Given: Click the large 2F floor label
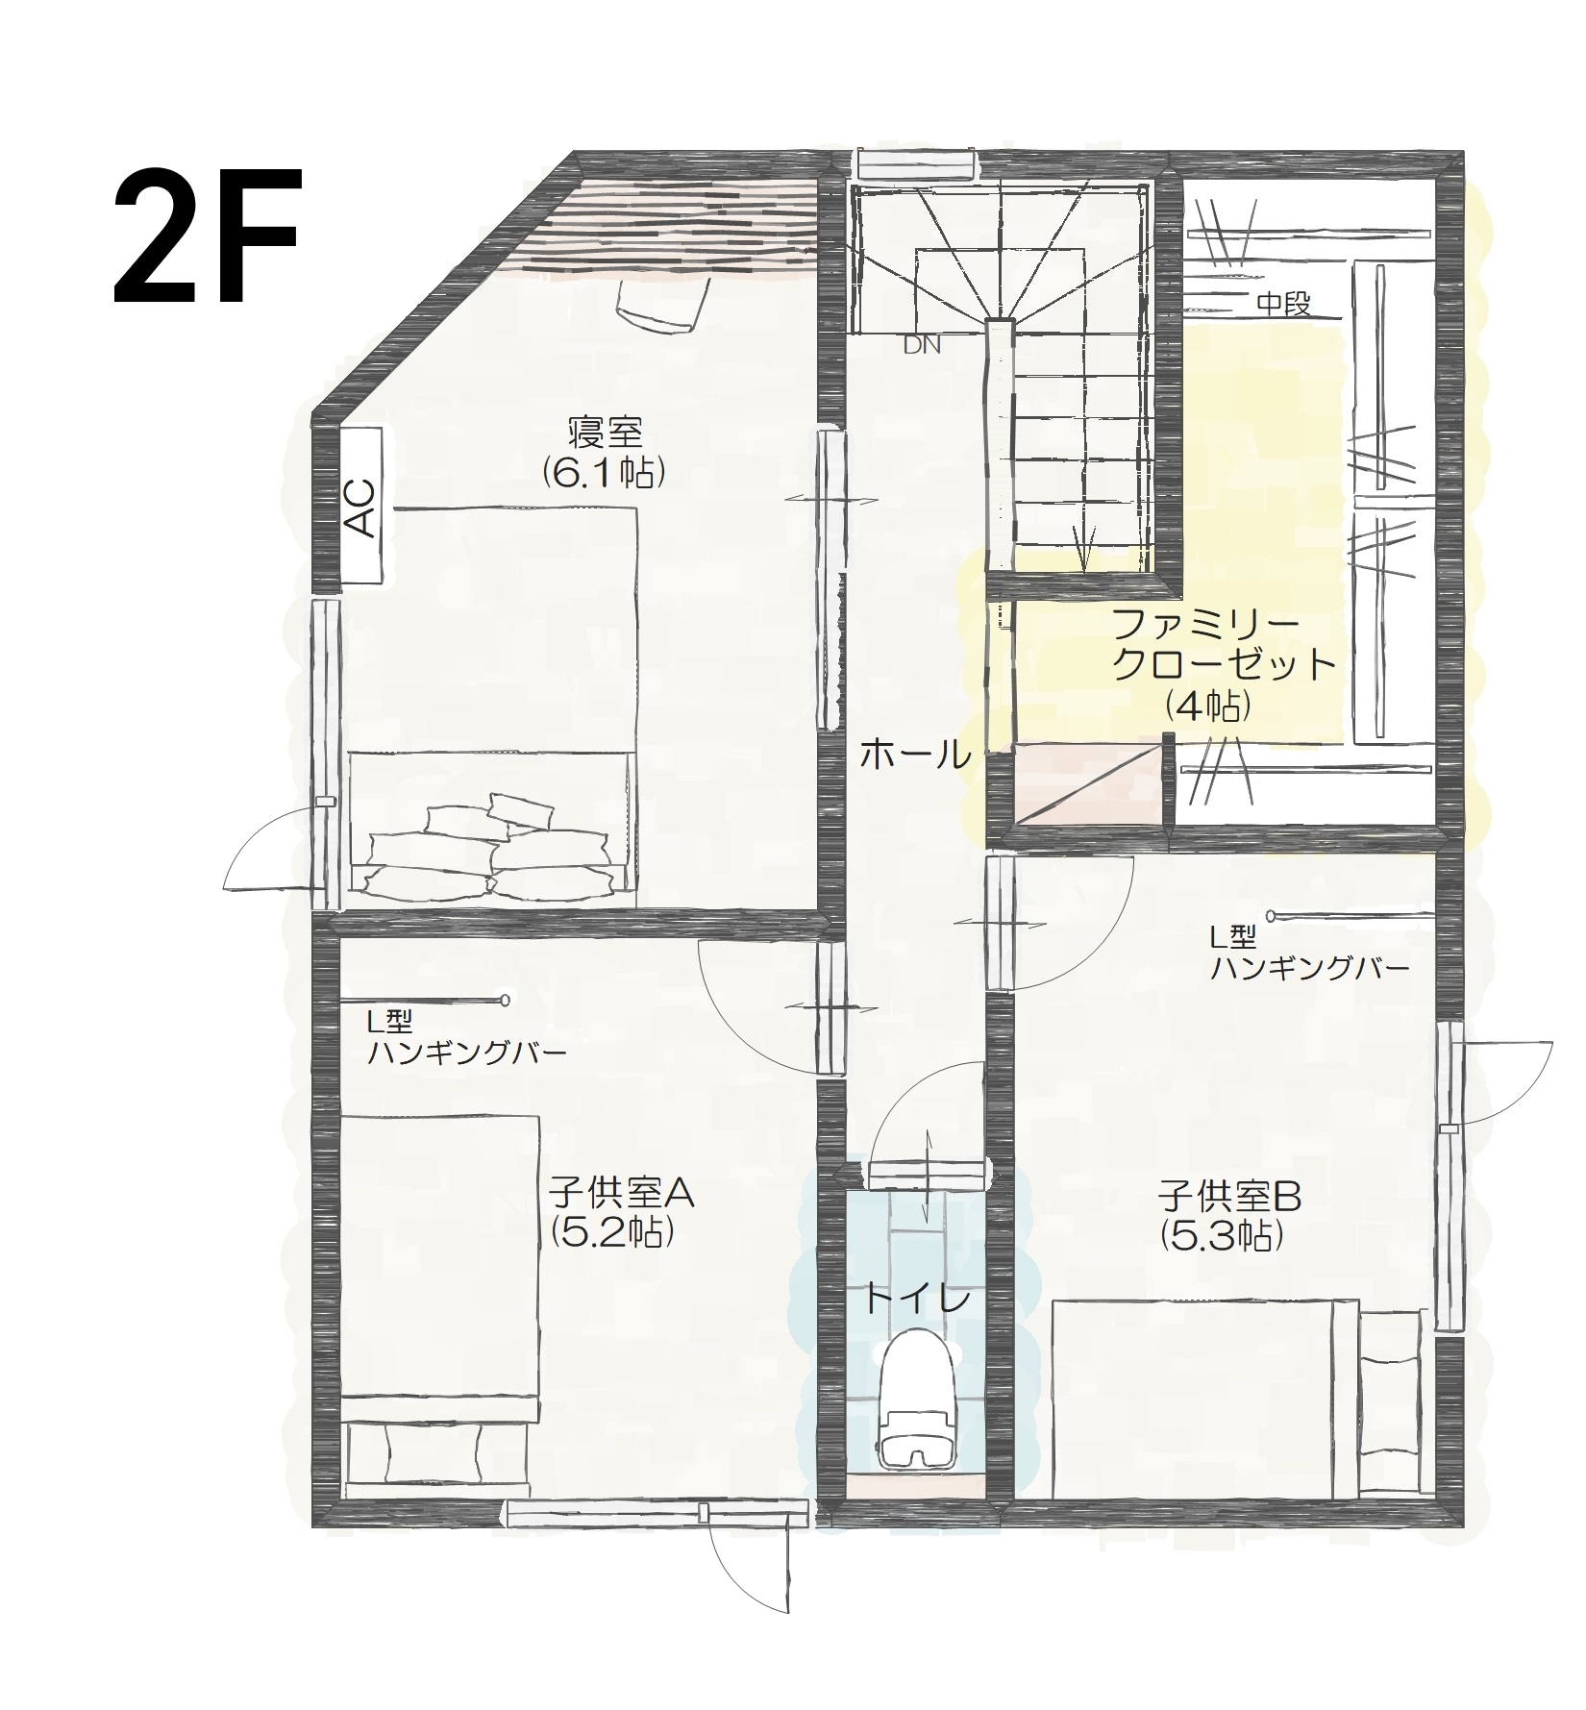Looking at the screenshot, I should click(208, 236).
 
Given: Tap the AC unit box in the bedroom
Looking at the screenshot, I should click(361, 506).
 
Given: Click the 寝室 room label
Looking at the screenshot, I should click(605, 433).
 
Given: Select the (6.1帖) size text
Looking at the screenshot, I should click(604, 472).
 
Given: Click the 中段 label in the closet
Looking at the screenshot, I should click(1284, 305).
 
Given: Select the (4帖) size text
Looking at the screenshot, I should click(1207, 707).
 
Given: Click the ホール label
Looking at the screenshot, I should click(914, 756).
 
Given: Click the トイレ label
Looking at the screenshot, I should click(916, 1300).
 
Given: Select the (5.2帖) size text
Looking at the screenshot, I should click(610, 1232).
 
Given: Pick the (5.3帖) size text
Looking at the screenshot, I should click(1222, 1236).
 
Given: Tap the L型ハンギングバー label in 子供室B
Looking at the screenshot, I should click(1309, 953).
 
